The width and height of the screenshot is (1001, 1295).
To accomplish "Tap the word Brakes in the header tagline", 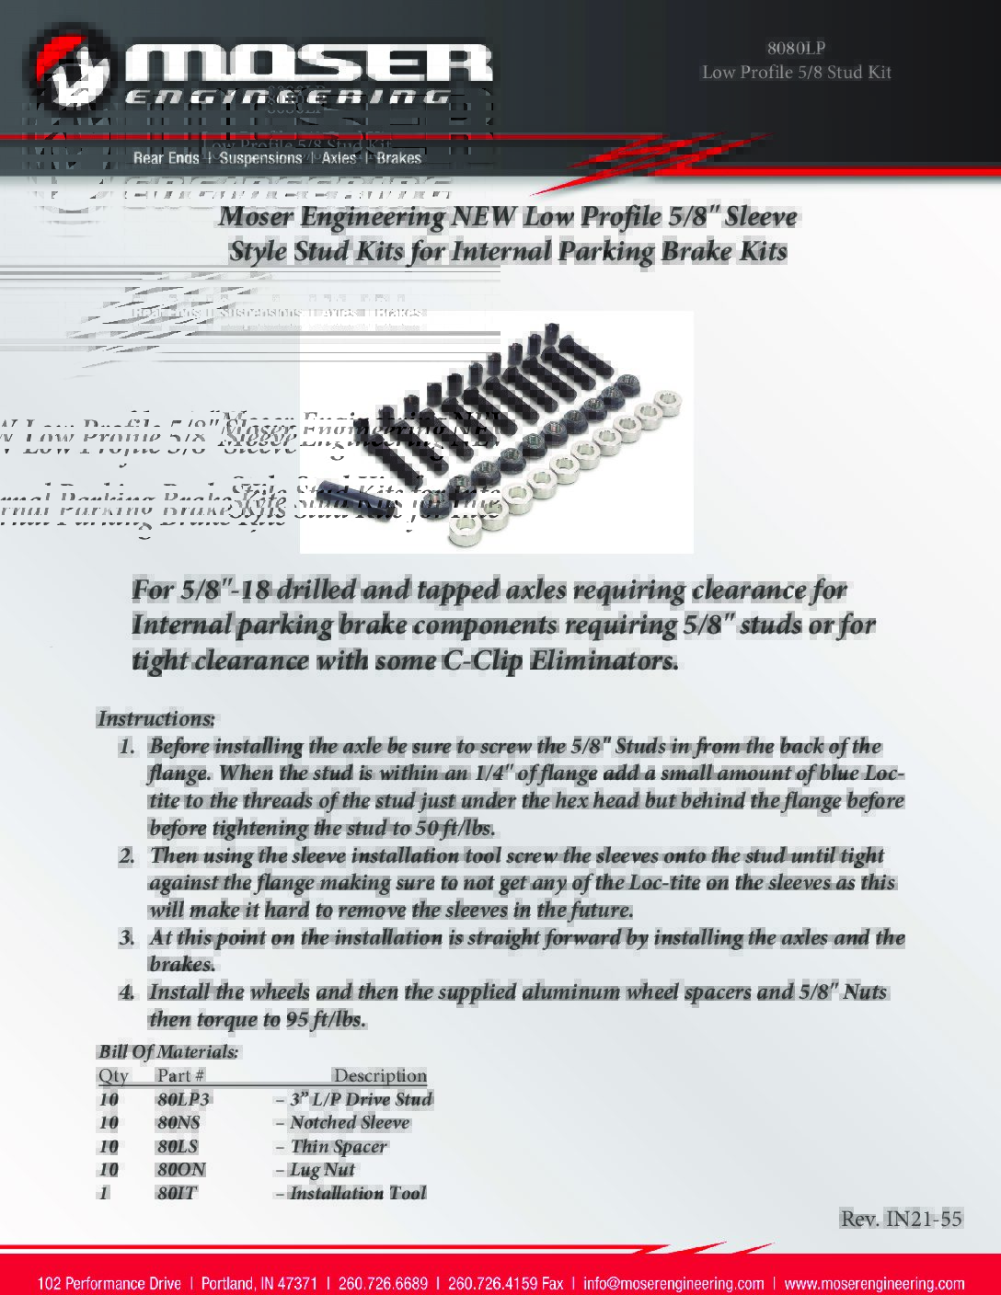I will click(397, 158).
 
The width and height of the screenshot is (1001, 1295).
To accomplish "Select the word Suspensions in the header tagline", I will click(260, 158).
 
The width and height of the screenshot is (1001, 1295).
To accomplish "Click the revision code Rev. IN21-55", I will click(901, 1219).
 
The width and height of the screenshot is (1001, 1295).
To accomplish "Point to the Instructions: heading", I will click(156, 718).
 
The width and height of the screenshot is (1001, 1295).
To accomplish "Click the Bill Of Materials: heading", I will click(168, 1051).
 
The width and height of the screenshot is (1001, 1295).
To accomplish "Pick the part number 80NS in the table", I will click(178, 1122).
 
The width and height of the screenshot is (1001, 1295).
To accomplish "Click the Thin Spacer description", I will click(338, 1146).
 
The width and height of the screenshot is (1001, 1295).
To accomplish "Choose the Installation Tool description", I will click(357, 1193).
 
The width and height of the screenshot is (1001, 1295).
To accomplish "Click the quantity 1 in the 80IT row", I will click(104, 1193).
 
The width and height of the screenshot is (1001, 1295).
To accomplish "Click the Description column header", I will click(379, 1075).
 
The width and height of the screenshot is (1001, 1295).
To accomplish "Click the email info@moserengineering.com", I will click(673, 1283).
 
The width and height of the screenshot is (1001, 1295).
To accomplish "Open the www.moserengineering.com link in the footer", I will click(874, 1283).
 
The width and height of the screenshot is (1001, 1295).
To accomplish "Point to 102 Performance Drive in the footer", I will click(109, 1283).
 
